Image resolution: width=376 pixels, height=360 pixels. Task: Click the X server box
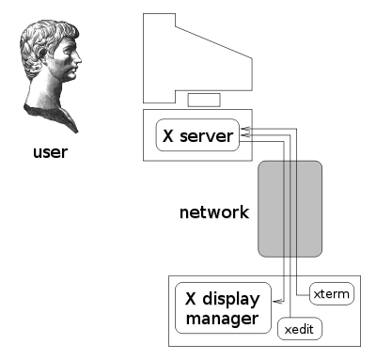coord(197,135)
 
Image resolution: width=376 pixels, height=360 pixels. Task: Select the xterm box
coord(332,293)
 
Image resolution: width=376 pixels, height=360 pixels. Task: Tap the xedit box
coord(300,328)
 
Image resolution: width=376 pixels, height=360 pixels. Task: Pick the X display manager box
coord(223,308)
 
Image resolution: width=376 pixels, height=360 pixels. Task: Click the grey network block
coord(290,209)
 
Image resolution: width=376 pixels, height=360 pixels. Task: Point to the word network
coord(214,212)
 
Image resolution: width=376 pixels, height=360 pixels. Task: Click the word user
coord(50,152)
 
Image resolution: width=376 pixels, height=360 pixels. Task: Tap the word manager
coord(222,319)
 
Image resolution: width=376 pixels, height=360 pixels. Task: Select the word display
coord(231,299)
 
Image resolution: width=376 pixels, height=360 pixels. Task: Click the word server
coord(206,136)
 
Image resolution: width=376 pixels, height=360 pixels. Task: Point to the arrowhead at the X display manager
coord(277,302)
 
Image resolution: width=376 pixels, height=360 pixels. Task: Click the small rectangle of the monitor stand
coord(204,100)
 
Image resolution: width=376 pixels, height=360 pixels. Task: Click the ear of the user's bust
coord(43,54)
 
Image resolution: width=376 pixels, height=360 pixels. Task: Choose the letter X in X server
coord(168,135)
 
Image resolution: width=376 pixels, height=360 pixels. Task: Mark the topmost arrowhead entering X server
coord(245,129)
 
